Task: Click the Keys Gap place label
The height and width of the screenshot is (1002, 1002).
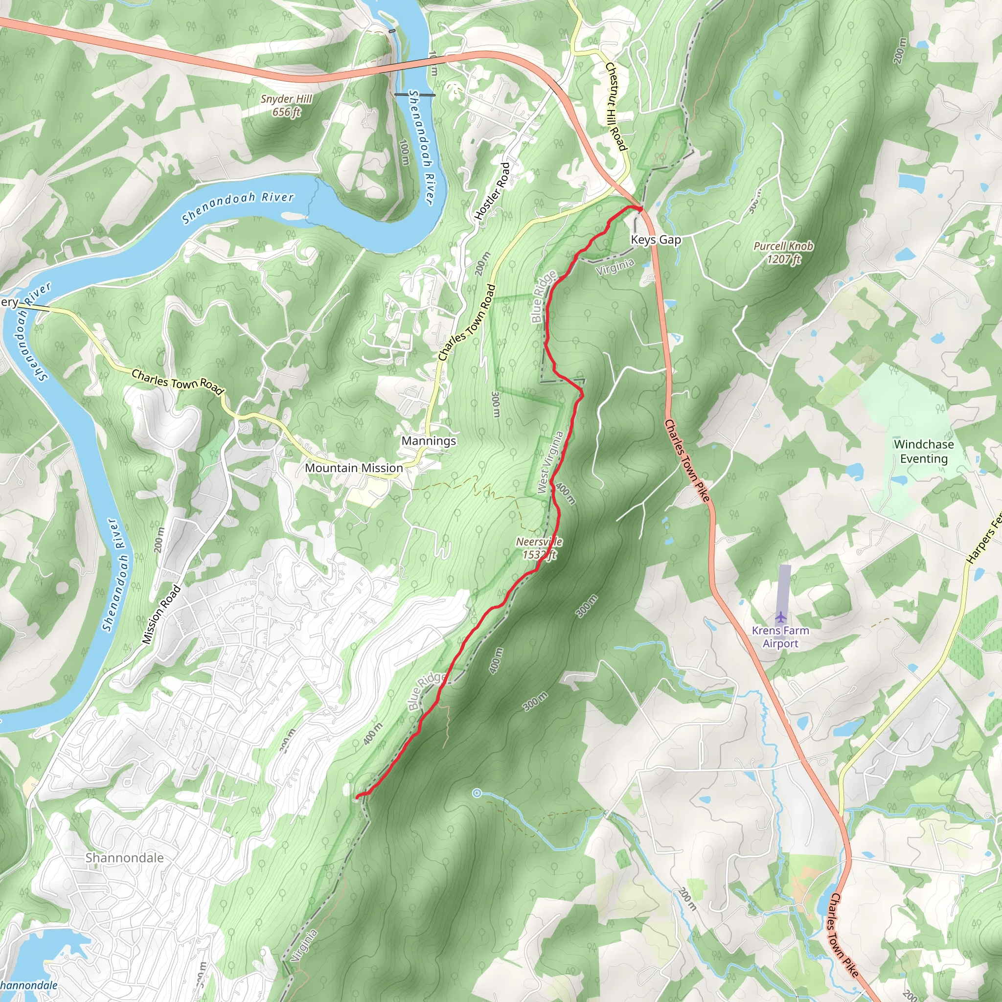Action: click(656, 240)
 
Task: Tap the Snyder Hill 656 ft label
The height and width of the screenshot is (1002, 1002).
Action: click(286, 105)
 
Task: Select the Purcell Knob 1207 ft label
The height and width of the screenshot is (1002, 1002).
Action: click(783, 252)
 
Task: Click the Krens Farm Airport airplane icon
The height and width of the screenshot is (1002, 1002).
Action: click(780, 616)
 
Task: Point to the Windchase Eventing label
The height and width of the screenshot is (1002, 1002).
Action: click(924, 451)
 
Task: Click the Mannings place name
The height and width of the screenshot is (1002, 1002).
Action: click(429, 441)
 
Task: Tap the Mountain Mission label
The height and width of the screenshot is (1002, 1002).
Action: click(354, 468)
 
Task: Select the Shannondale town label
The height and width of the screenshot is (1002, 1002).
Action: click(124, 858)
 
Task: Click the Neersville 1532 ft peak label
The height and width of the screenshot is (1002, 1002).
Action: click(539, 548)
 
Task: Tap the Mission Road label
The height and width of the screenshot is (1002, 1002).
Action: click(161, 615)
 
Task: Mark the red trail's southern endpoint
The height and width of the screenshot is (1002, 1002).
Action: click(358, 796)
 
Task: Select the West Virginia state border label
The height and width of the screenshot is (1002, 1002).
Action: click(550, 462)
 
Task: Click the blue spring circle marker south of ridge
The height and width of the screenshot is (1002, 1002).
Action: click(477, 793)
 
